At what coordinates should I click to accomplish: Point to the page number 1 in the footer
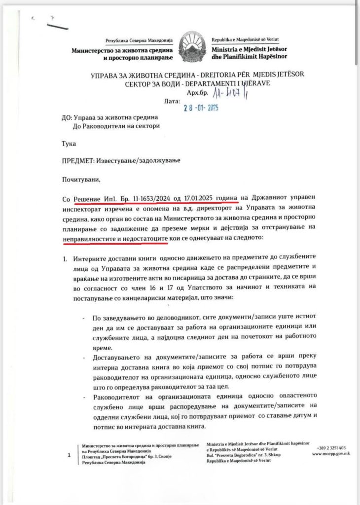coord(69,456)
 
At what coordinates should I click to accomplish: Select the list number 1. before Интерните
coord(65,258)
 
